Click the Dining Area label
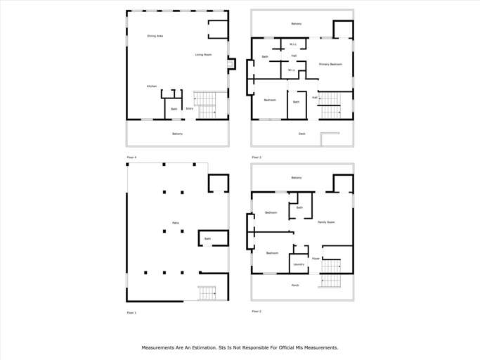point(155,36)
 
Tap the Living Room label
point(203,55)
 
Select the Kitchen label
point(152,86)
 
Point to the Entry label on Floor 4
point(190,109)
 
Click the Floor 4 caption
point(131,157)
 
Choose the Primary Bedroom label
point(330,64)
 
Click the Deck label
point(301,134)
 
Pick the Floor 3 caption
point(257,157)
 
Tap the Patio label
point(175,223)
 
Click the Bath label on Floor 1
point(207,239)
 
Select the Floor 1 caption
point(131,312)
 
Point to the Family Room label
point(326,222)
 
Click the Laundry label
point(299,264)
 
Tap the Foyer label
point(316,258)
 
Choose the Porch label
point(295,285)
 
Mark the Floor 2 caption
point(257,311)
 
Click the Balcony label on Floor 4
point(177,134)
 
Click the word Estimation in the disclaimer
point(209,347)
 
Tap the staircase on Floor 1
point(207,292)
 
